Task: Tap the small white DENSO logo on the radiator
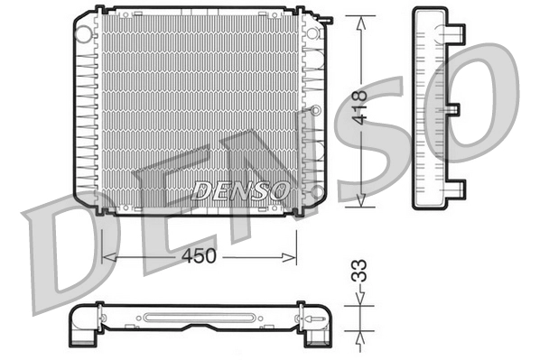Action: (x=241, y=190)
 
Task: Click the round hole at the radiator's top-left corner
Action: (x=84, y=33)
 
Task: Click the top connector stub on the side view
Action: (x=459, y=34)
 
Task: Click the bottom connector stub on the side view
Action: (x=459, y=189)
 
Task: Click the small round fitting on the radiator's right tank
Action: (x=316, y=110)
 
